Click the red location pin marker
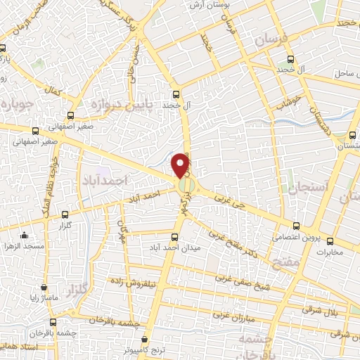click(x=181, y=165)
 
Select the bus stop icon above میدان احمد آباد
click(x=175, y=237)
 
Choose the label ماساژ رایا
click(x=44, y=298)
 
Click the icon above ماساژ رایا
click(x=44, y=288)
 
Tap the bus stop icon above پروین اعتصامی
click(x=295, y=226)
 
